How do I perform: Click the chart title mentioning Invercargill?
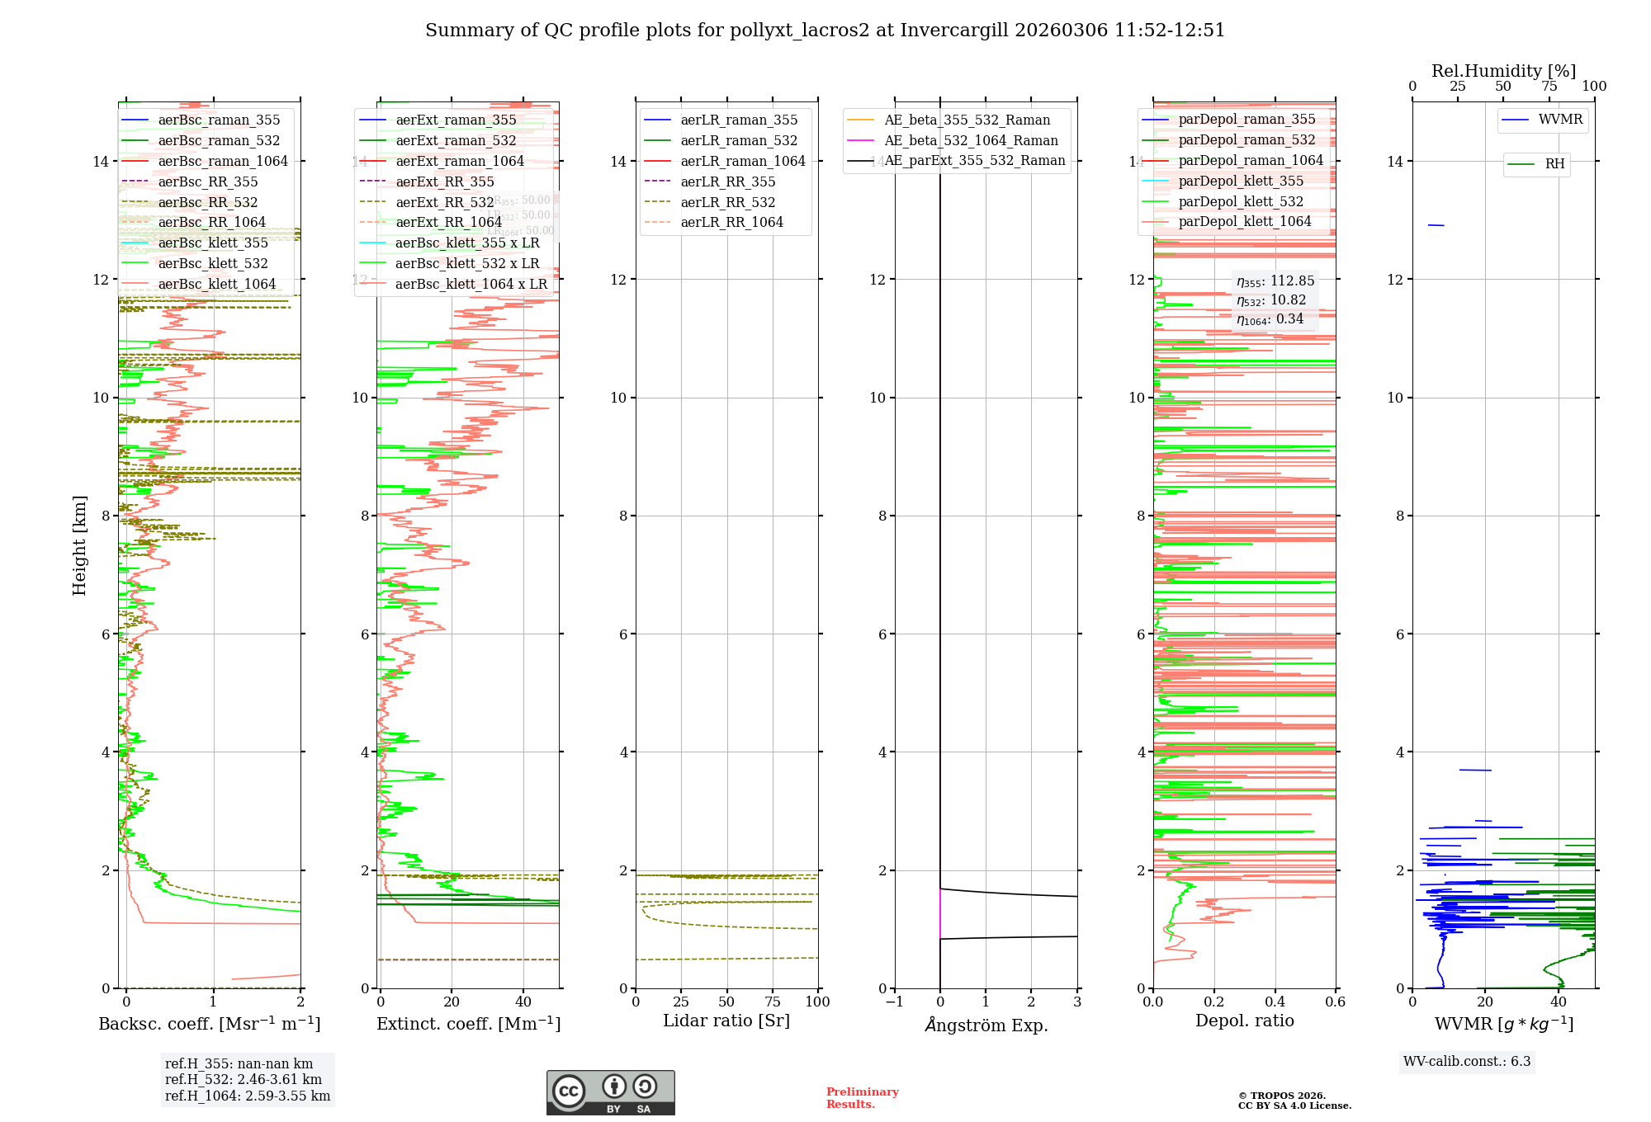coord(825,31)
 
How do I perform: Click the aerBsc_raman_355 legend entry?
coord(219,120)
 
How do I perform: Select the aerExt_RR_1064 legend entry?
coord(448,223)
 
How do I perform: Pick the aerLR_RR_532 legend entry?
coord(727,202)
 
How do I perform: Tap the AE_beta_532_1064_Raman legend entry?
coord(971,141)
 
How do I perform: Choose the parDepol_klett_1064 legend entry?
coord(1244,222)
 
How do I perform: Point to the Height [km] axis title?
coord(79,545)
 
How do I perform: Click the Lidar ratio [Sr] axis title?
coord(726,1021)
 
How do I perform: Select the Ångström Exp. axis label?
coord(986,1025)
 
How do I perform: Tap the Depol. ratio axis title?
coord(1245,1021)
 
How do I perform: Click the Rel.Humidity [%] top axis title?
coord(1503,71)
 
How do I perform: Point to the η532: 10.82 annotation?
coord(1271,300)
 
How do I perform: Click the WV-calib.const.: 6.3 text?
coord(1467,1062)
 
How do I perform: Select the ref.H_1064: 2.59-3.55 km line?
coord(248,1096)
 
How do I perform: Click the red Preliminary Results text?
coord(862,1098)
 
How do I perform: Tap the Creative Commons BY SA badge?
coord(610,1093)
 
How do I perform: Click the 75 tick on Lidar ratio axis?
coord(773,1002)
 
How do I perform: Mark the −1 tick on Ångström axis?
coord(894,1002)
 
